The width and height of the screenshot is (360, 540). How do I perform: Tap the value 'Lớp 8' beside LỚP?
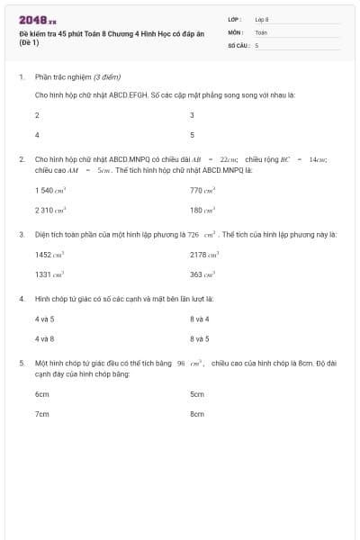pyautogui.click(x=262, y=19)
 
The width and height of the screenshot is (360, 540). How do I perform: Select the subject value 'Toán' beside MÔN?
pyautogui.click(x=261, y=31)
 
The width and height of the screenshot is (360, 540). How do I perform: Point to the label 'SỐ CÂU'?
pyautogui.click(x=238, y=44)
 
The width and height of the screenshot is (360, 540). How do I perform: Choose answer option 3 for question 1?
pyautogui.click(x=193, y=115)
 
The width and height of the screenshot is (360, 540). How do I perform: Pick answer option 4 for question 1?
pyautogui.click(x=37, y=134)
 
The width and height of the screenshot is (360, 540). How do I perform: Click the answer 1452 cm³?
pyautogui.click(x=49, y=255)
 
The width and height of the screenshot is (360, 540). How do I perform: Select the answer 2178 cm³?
pyautogui.click(x=204, y=255)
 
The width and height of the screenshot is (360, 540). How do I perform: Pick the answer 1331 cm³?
pyautogui.click(x=49, y=274)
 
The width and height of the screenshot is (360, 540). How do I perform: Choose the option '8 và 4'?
pyautogui.click(x=200, y=319)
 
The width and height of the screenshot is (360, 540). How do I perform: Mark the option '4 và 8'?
pyautogui.click(x=45, y=338)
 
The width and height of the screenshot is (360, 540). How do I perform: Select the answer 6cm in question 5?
pyautogui.click(x=42, y=394)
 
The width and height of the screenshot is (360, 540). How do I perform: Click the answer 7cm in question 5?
pyautogui.click(x=42, y=414)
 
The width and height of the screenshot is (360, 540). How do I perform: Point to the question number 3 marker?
pyautogui.click(x=22, y=234)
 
